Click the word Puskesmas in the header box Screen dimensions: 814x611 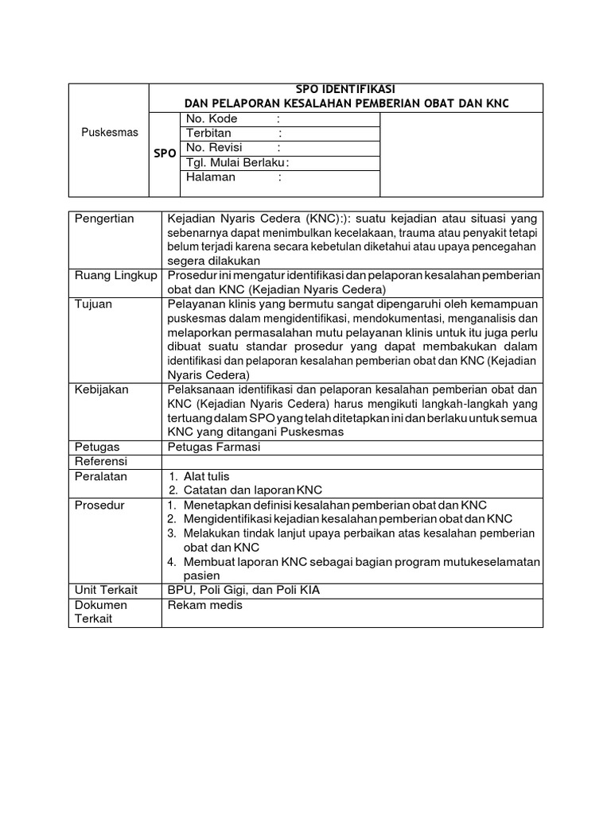coord(110,132)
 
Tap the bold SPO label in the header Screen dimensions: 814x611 coord(165,153)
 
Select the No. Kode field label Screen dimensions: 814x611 coord(212,118)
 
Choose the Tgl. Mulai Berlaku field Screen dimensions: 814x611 coord(235,163)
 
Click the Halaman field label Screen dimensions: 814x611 coord(211,177)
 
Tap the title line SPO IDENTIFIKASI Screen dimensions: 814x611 coord(345,89)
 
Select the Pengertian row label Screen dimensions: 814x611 coord(104,219)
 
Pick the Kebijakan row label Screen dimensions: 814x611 coord(101,390)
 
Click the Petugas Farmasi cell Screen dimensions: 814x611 coord(213,447)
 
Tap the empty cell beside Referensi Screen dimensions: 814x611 coord(352,461)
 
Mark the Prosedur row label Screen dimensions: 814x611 coord(99,504)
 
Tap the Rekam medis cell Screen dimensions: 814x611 coord(204,605)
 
